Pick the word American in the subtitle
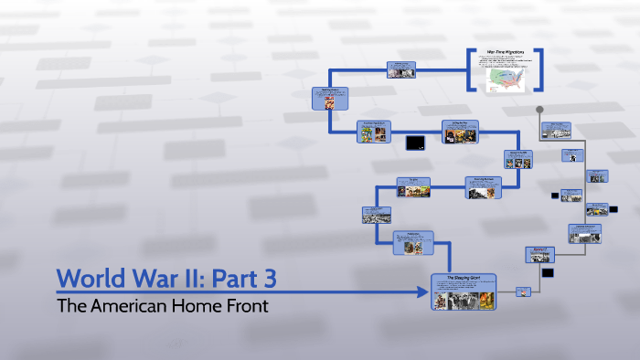click(x=133, y=306)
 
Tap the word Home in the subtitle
click(x=202, y=306)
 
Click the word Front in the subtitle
click(x=248, y=306)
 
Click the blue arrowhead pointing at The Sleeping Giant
click(x=423, y=292)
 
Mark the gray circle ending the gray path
click(x=540, y=110)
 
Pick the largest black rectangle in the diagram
click(x=415, y=142)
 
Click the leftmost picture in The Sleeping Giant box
click(x=440, y=301)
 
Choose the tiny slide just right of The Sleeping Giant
click(x=523, y=292)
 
